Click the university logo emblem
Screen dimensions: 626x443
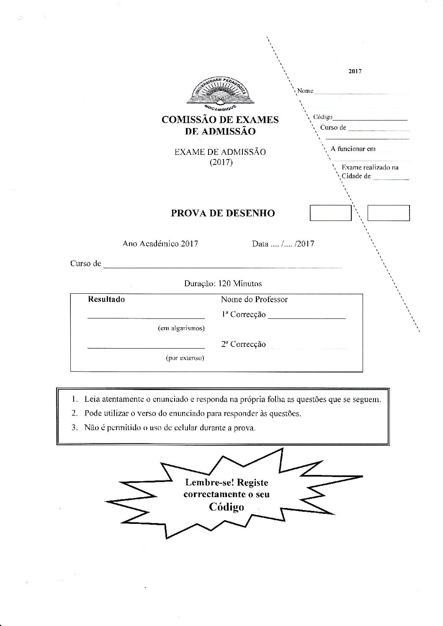pos(219,92)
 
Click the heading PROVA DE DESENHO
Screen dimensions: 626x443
pos(223,213)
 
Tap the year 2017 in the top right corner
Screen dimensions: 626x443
pos(355,71)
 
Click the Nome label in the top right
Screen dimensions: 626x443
pos(305,91)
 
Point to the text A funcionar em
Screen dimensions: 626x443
pos(353,149)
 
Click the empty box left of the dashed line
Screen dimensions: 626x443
pos(330,213)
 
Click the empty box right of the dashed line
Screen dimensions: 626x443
pos(388,213)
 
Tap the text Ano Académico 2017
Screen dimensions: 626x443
pos(160,244)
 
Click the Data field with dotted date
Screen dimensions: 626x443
pos(283,244)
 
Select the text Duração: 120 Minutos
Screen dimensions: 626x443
pos(223,283)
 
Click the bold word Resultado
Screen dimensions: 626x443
pos(106,299)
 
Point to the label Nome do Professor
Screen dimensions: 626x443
pos(254,299)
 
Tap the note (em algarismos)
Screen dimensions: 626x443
pos(181,328)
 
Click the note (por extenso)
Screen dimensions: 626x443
pos(185,358)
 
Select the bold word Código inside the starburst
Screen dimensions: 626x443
pos(227,507)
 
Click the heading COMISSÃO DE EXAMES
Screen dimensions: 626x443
pos(220,120)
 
